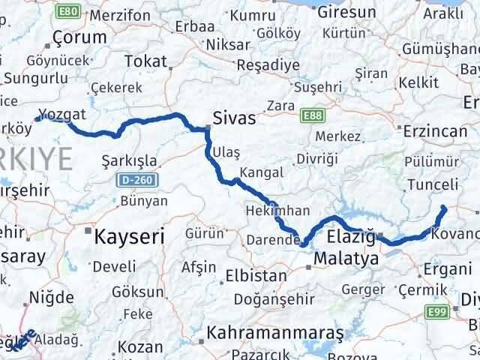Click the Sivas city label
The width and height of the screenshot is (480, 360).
(x=234, y=118)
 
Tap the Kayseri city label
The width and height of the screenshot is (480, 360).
(x=129, y=237)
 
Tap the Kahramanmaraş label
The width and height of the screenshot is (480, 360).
(x=276, y=331)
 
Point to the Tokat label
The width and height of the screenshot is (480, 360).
(x=145, y=61)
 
